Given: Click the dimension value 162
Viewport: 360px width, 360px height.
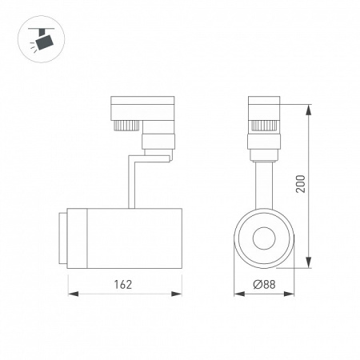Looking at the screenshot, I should tap(122, 284).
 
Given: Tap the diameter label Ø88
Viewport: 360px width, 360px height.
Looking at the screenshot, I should tap(263, 284).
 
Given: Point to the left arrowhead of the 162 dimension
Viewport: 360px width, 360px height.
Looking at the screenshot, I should tap(70, 294).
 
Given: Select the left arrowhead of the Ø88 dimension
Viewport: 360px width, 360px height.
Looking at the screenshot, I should tap(238, 294).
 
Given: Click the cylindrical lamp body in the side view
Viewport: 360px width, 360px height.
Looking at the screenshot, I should tap(132, 238).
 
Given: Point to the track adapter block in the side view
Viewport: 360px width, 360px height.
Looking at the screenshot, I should tap(142, 108).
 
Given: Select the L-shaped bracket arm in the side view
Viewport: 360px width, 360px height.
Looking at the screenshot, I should tap(132, 180).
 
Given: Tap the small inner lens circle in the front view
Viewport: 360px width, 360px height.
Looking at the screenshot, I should tap(265, 238).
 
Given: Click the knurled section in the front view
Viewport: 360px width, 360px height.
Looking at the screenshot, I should tap(265, 125).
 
